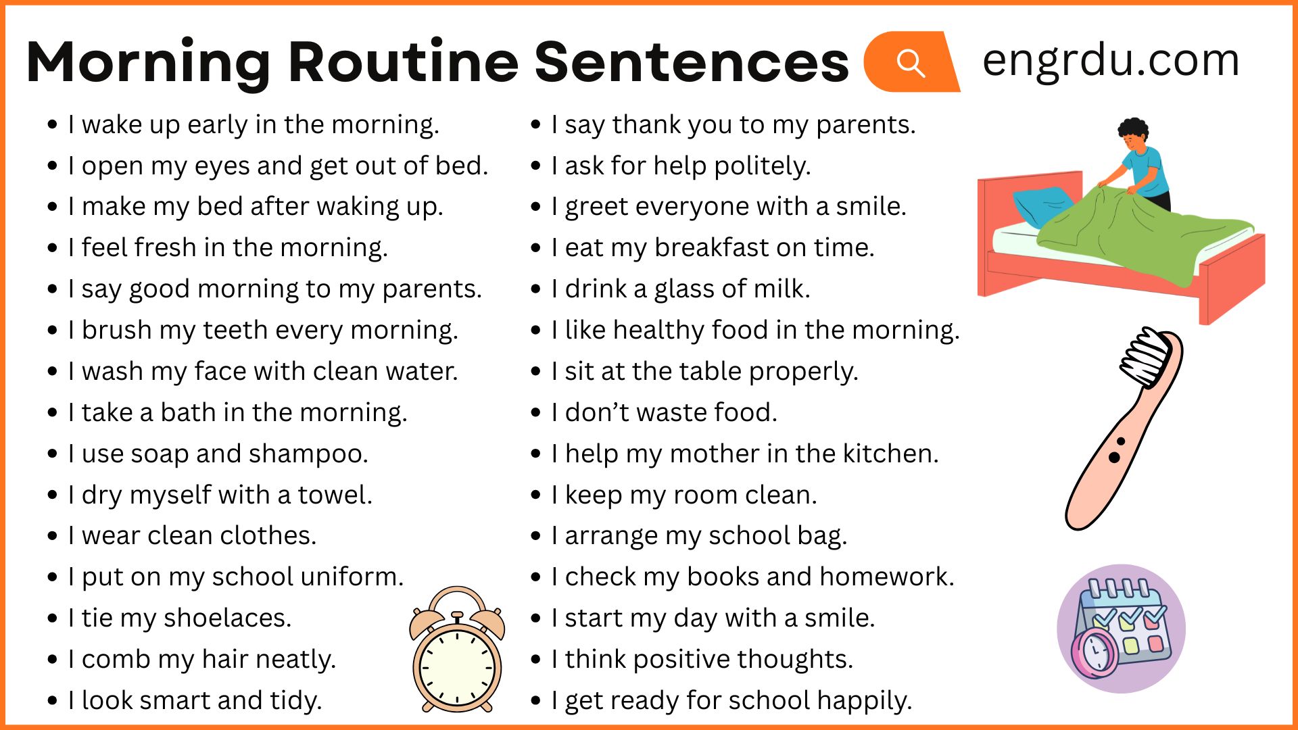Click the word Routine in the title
404,62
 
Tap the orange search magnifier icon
911,62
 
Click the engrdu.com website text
1111,61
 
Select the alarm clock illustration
457,650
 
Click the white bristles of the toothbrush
1146,357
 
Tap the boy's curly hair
1134,130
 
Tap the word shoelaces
227,618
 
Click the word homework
887,577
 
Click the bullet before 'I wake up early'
53,125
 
